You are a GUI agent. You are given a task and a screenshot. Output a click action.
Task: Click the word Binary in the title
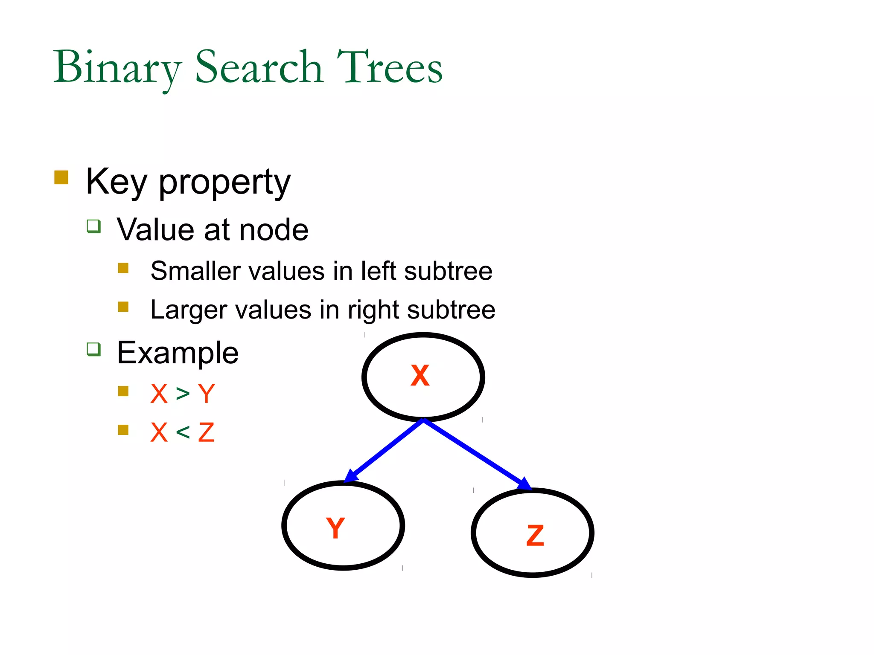click(117, 68)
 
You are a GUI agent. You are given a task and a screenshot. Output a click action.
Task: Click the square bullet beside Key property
click(61, 177)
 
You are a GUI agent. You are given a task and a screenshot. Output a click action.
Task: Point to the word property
click(224, 183)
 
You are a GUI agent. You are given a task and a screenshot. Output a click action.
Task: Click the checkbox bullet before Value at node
click(93, 226)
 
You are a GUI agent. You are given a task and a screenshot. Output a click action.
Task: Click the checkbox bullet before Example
click(93, 349)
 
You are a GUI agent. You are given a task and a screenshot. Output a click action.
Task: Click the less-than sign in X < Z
click(183, 432)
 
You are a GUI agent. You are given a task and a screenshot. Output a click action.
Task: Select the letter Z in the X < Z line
click(206, 432)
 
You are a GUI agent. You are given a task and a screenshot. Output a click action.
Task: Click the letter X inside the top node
click(420, 376)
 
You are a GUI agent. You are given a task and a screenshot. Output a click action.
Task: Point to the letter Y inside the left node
click(335, 527)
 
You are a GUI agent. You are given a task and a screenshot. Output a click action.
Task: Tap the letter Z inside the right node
click(535, 535)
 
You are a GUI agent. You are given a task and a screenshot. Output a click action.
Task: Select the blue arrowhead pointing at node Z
click(525, 484)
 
